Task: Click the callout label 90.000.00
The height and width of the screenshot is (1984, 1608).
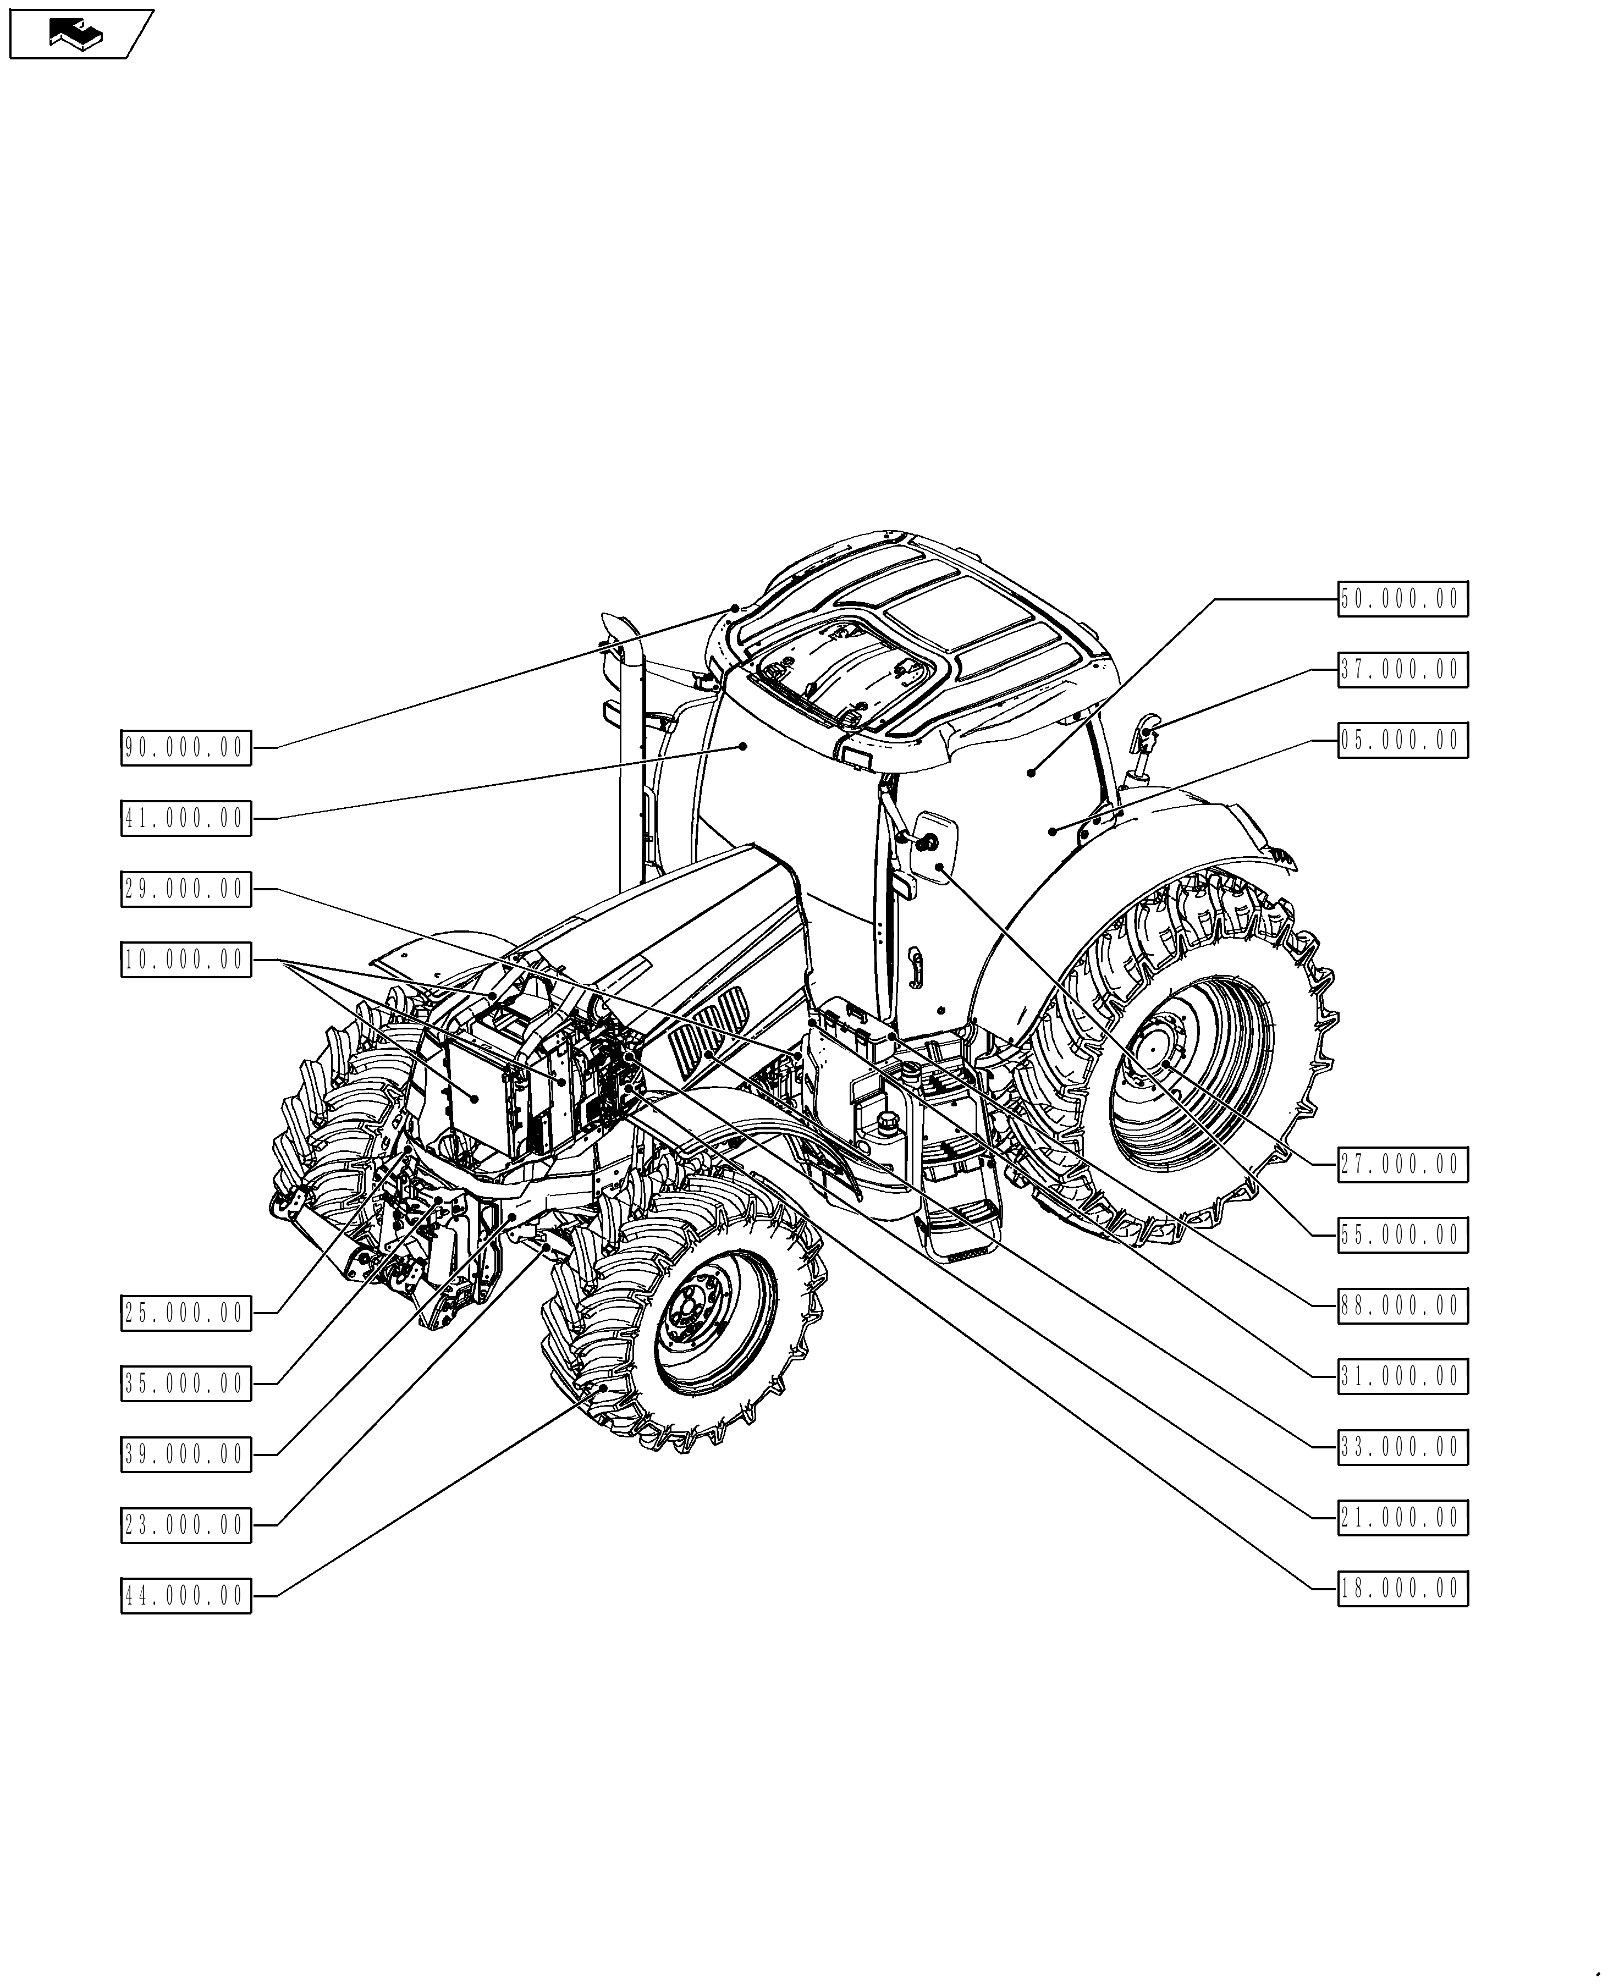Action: coord(185,747)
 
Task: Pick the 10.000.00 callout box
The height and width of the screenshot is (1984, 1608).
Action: coord(185,960)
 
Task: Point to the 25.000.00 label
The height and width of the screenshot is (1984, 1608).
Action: coord(185,1313)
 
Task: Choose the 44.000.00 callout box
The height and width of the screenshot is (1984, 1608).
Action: coord(185,1596)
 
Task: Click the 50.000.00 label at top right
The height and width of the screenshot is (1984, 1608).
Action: coord(1401,599)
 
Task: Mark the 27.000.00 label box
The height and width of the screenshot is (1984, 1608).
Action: coord(1401,1164)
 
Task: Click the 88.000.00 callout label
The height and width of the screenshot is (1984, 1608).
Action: coord(1401,1306)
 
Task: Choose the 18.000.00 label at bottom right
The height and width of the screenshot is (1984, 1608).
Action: coord(1401,1589)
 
